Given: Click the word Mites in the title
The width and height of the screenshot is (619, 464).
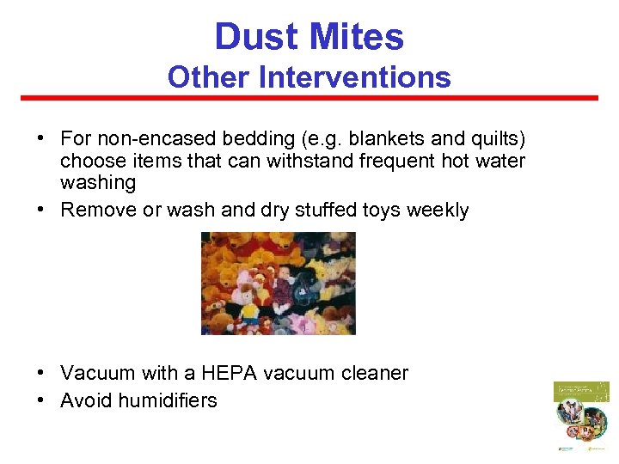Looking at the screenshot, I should point(359,37).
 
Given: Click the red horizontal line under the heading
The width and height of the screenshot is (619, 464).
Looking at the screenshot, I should point(309,98).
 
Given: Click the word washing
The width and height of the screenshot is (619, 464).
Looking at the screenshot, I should point(98,182).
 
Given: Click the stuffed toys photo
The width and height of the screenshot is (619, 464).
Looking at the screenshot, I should point(278,283).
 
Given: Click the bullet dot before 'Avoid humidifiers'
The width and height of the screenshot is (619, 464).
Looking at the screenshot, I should point(41,400).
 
